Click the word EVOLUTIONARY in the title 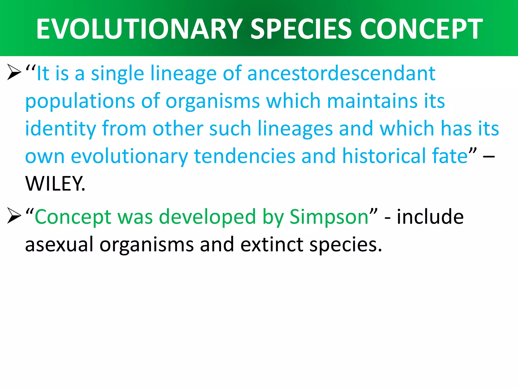pos(139,29)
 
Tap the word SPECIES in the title pos(301,29)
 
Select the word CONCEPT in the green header pos(421,29)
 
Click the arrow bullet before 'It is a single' pos(14,72)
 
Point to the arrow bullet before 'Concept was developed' pos(14,216)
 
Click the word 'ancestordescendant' pos(341,74)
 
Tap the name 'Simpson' pos(329,217)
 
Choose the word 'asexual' pos(59,245)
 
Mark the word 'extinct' pos(272,245)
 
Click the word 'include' pos(430,217)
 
